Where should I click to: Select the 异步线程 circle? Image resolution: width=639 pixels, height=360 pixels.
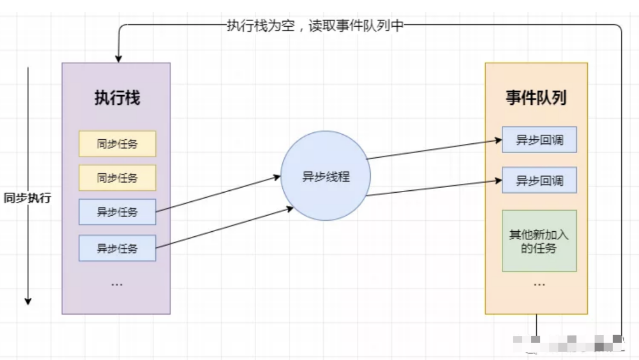coord(326,176)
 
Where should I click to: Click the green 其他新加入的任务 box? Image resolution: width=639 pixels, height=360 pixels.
coord(539,241)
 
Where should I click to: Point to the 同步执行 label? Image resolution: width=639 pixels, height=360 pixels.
coord(27,199)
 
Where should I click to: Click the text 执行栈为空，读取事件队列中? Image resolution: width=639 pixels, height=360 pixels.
coord(315,26)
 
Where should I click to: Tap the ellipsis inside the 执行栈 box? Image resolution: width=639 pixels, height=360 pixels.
coord(117,284)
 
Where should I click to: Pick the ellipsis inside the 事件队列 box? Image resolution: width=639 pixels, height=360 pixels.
coord(539,284)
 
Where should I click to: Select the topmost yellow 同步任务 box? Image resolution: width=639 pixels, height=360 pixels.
coord(117,144)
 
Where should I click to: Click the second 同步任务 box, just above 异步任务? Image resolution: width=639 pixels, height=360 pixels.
coord(117,178)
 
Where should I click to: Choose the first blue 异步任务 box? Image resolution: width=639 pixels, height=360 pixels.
coord(117,212)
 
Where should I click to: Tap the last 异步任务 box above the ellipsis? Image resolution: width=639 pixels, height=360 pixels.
coord(117,248)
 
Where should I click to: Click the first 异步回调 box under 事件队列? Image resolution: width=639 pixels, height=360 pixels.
coord(539,140)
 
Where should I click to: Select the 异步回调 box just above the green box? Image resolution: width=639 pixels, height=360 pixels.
coord(539,180)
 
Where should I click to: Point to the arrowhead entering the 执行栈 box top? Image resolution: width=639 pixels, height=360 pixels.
coord(118,58)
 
